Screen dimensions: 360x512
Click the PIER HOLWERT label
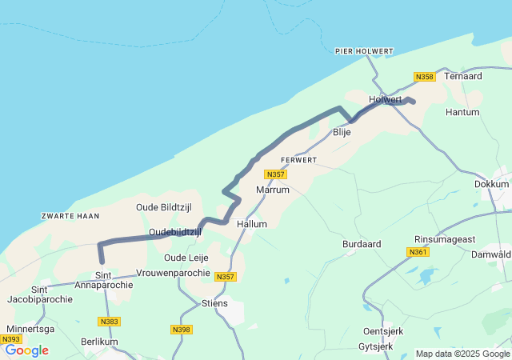tap(364, 51)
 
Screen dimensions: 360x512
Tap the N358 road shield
tap(424, 77)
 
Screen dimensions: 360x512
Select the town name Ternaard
tap(463, 76)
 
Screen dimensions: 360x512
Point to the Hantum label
tap(462, 114)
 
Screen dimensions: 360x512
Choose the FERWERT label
tap(299, 160)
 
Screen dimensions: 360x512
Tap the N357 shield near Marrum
tap(275, 174)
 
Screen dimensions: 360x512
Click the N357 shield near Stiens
tap(226, 277)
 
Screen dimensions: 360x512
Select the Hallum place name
tap(252, 225)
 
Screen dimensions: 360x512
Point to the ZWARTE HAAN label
tap(70, 216)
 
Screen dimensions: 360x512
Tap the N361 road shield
tap(417, 252)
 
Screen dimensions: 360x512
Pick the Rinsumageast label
tap(444, 239)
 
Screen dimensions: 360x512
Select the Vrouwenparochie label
tap(174, 273)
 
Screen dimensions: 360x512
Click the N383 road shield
tap(110, 321)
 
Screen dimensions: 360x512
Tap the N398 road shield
tap(182, 329)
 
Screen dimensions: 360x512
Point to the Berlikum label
tap(99, 342)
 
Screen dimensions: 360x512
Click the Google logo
tap(26, 350)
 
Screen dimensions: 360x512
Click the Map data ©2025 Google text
tap(462, 354)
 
